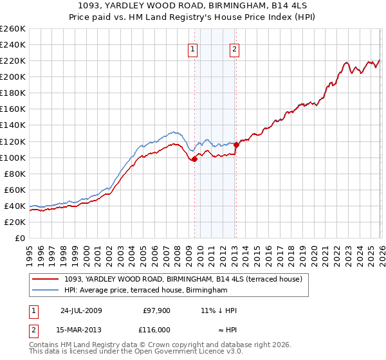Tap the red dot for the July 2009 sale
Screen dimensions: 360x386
194,159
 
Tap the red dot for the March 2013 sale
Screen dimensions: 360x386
236,145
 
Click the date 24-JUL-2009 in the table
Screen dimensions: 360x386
81,310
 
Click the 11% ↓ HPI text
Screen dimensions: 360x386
219,310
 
